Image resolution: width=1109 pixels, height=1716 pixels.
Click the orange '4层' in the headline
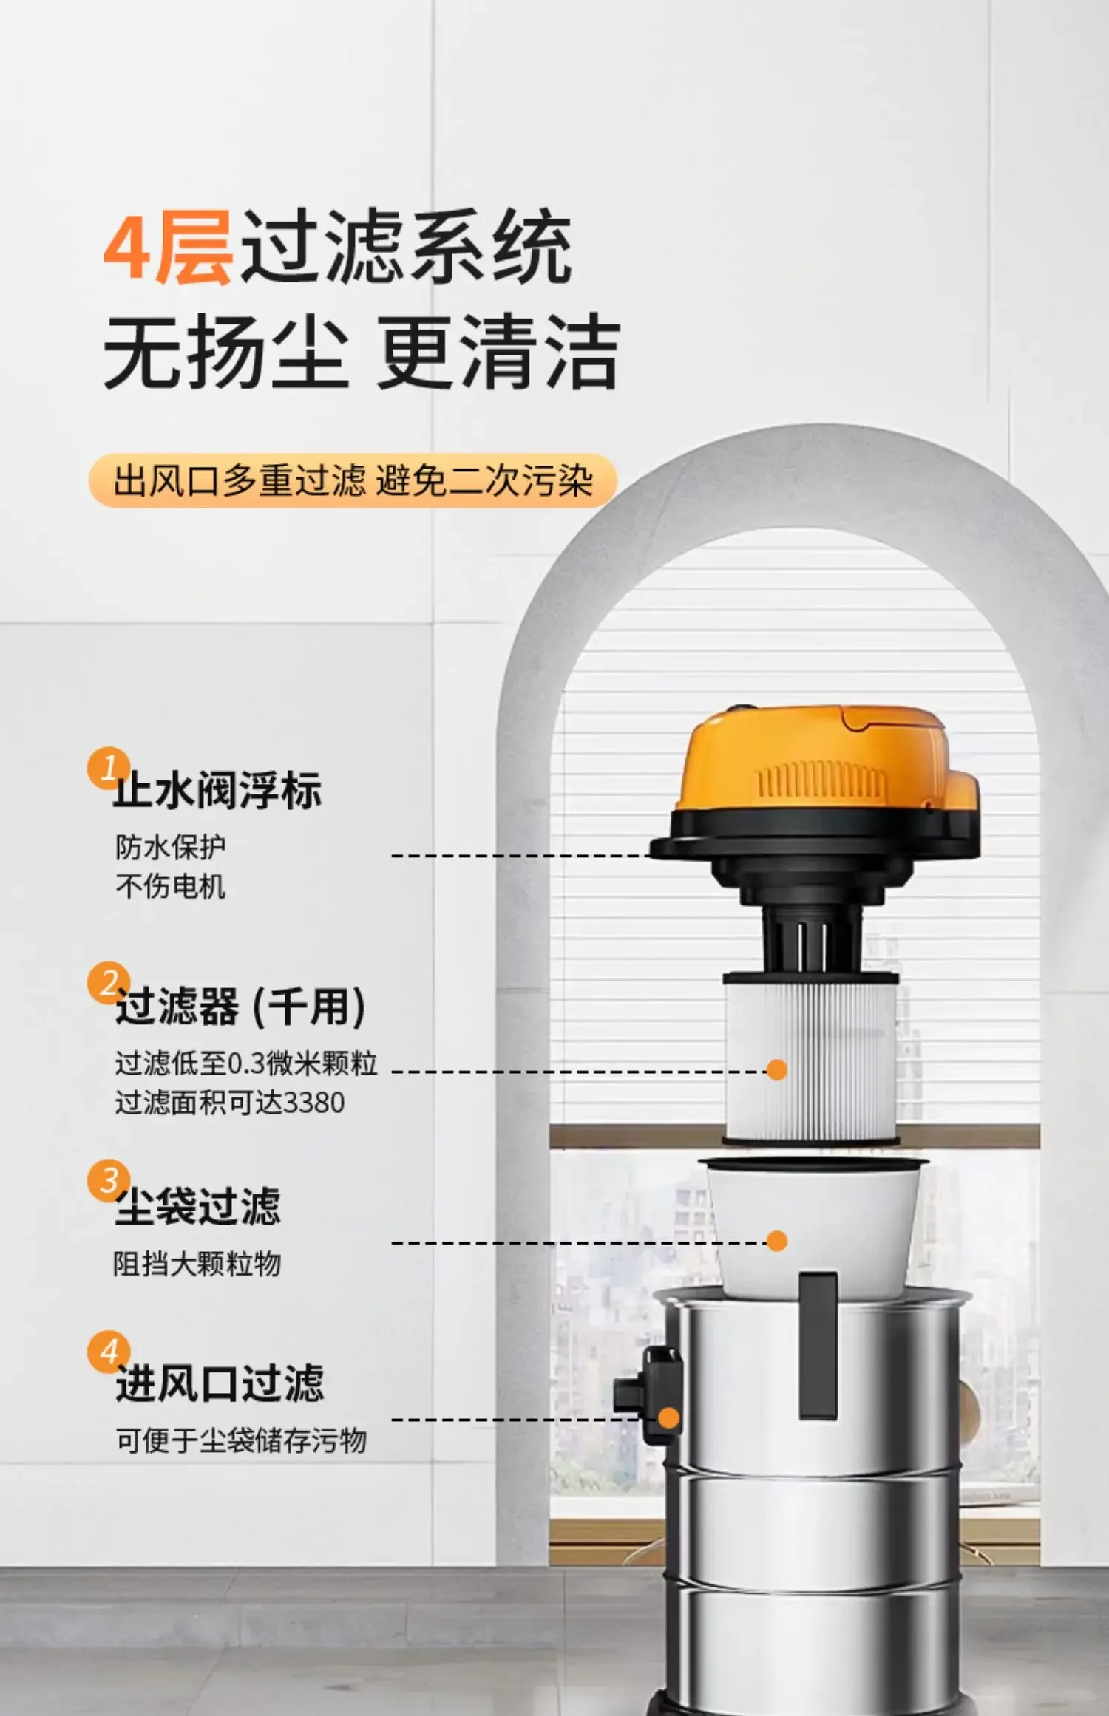pos(168,248)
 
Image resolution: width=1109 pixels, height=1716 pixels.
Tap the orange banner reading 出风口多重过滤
pos(353,481)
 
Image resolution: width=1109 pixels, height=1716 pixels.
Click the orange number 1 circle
pos(108,769)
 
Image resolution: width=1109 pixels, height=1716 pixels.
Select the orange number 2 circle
pos(108,983)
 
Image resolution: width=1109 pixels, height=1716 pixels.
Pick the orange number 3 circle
pos(108,1180)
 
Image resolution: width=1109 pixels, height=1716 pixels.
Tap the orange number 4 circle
pos(108,1352)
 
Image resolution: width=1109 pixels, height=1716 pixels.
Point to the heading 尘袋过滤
pos(197,1206)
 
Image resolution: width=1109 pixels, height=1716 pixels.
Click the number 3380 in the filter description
pos(315,1103)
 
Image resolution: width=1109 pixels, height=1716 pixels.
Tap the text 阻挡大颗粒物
pos(197,1264)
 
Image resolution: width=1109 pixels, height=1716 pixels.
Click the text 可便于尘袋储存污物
pos(241,1440)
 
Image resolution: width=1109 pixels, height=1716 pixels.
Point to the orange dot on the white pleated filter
pos(776,1069)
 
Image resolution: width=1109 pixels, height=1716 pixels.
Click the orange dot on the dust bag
pos(776,1241)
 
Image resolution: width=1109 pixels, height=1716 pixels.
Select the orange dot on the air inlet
pos(668,1418)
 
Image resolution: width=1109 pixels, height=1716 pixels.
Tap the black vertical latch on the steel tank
pos(818,1346)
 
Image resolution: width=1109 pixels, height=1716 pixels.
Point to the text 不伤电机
pos(170,885)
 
